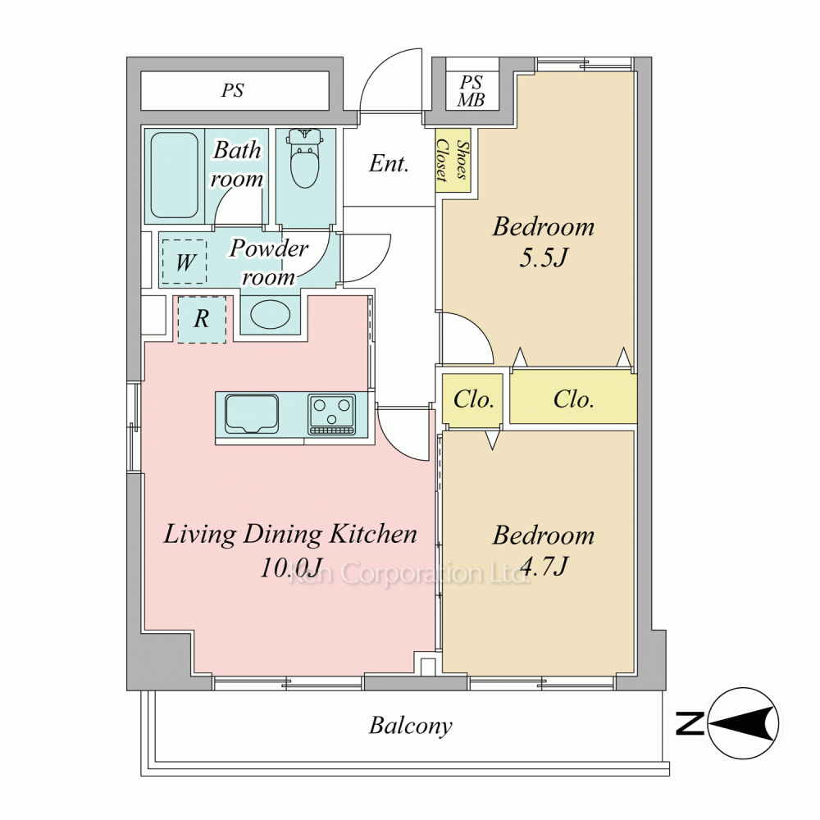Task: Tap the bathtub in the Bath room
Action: pos(175,175)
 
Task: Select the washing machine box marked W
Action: pos(184,262)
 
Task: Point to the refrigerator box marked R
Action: pos(203,320)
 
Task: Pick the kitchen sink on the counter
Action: pos(252,414)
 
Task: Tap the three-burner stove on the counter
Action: pos(331,414)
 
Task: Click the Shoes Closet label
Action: pos(453,160)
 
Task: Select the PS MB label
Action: pos(471,91)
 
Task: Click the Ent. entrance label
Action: pos(389,164)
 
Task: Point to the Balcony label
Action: pos(411,726)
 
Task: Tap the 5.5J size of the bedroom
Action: pos(544,257)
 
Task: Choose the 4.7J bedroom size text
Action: pos(544,566)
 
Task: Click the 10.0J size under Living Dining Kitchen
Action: pos(291,567)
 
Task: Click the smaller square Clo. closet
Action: pos(473,399)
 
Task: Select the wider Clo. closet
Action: pos(574,399)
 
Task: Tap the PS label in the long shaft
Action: pos(233,90)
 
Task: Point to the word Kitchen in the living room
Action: pos(373,535)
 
